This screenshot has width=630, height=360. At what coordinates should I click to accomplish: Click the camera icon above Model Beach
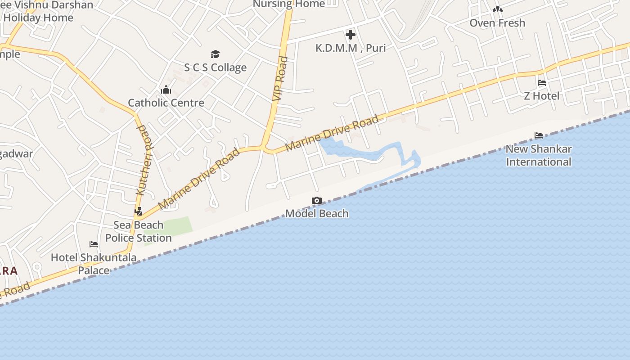[317, 201]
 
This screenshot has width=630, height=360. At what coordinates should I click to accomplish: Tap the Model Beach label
[317, 213]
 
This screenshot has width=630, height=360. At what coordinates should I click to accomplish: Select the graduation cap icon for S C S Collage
[215, 54]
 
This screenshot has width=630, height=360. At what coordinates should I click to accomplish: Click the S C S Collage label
[215, 67]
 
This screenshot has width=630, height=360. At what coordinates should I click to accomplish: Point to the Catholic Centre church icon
[166, 90]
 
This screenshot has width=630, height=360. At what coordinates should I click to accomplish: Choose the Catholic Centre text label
[166, 103]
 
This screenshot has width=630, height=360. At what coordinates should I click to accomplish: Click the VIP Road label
[279, 78]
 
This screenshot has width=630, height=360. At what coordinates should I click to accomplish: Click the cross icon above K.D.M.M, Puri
[350, 34]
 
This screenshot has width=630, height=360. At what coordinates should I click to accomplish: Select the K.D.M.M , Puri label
[350, 48]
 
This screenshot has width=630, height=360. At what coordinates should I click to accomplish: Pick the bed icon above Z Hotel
[542, 83]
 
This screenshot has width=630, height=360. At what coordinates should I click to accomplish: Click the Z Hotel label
[542, 96]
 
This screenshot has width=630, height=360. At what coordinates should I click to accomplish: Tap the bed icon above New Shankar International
[539, 135]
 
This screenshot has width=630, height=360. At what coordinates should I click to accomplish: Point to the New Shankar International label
[539, 155]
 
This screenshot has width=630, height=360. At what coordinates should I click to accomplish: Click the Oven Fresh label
[497, 22]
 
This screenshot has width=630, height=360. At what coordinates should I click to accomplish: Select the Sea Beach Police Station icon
[139, 211]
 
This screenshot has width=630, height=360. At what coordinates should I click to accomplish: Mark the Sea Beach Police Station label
[139, 231]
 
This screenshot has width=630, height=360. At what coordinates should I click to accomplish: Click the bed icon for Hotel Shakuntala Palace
[94, 244]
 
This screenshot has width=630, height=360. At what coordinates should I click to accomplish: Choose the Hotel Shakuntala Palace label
[94, 264]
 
